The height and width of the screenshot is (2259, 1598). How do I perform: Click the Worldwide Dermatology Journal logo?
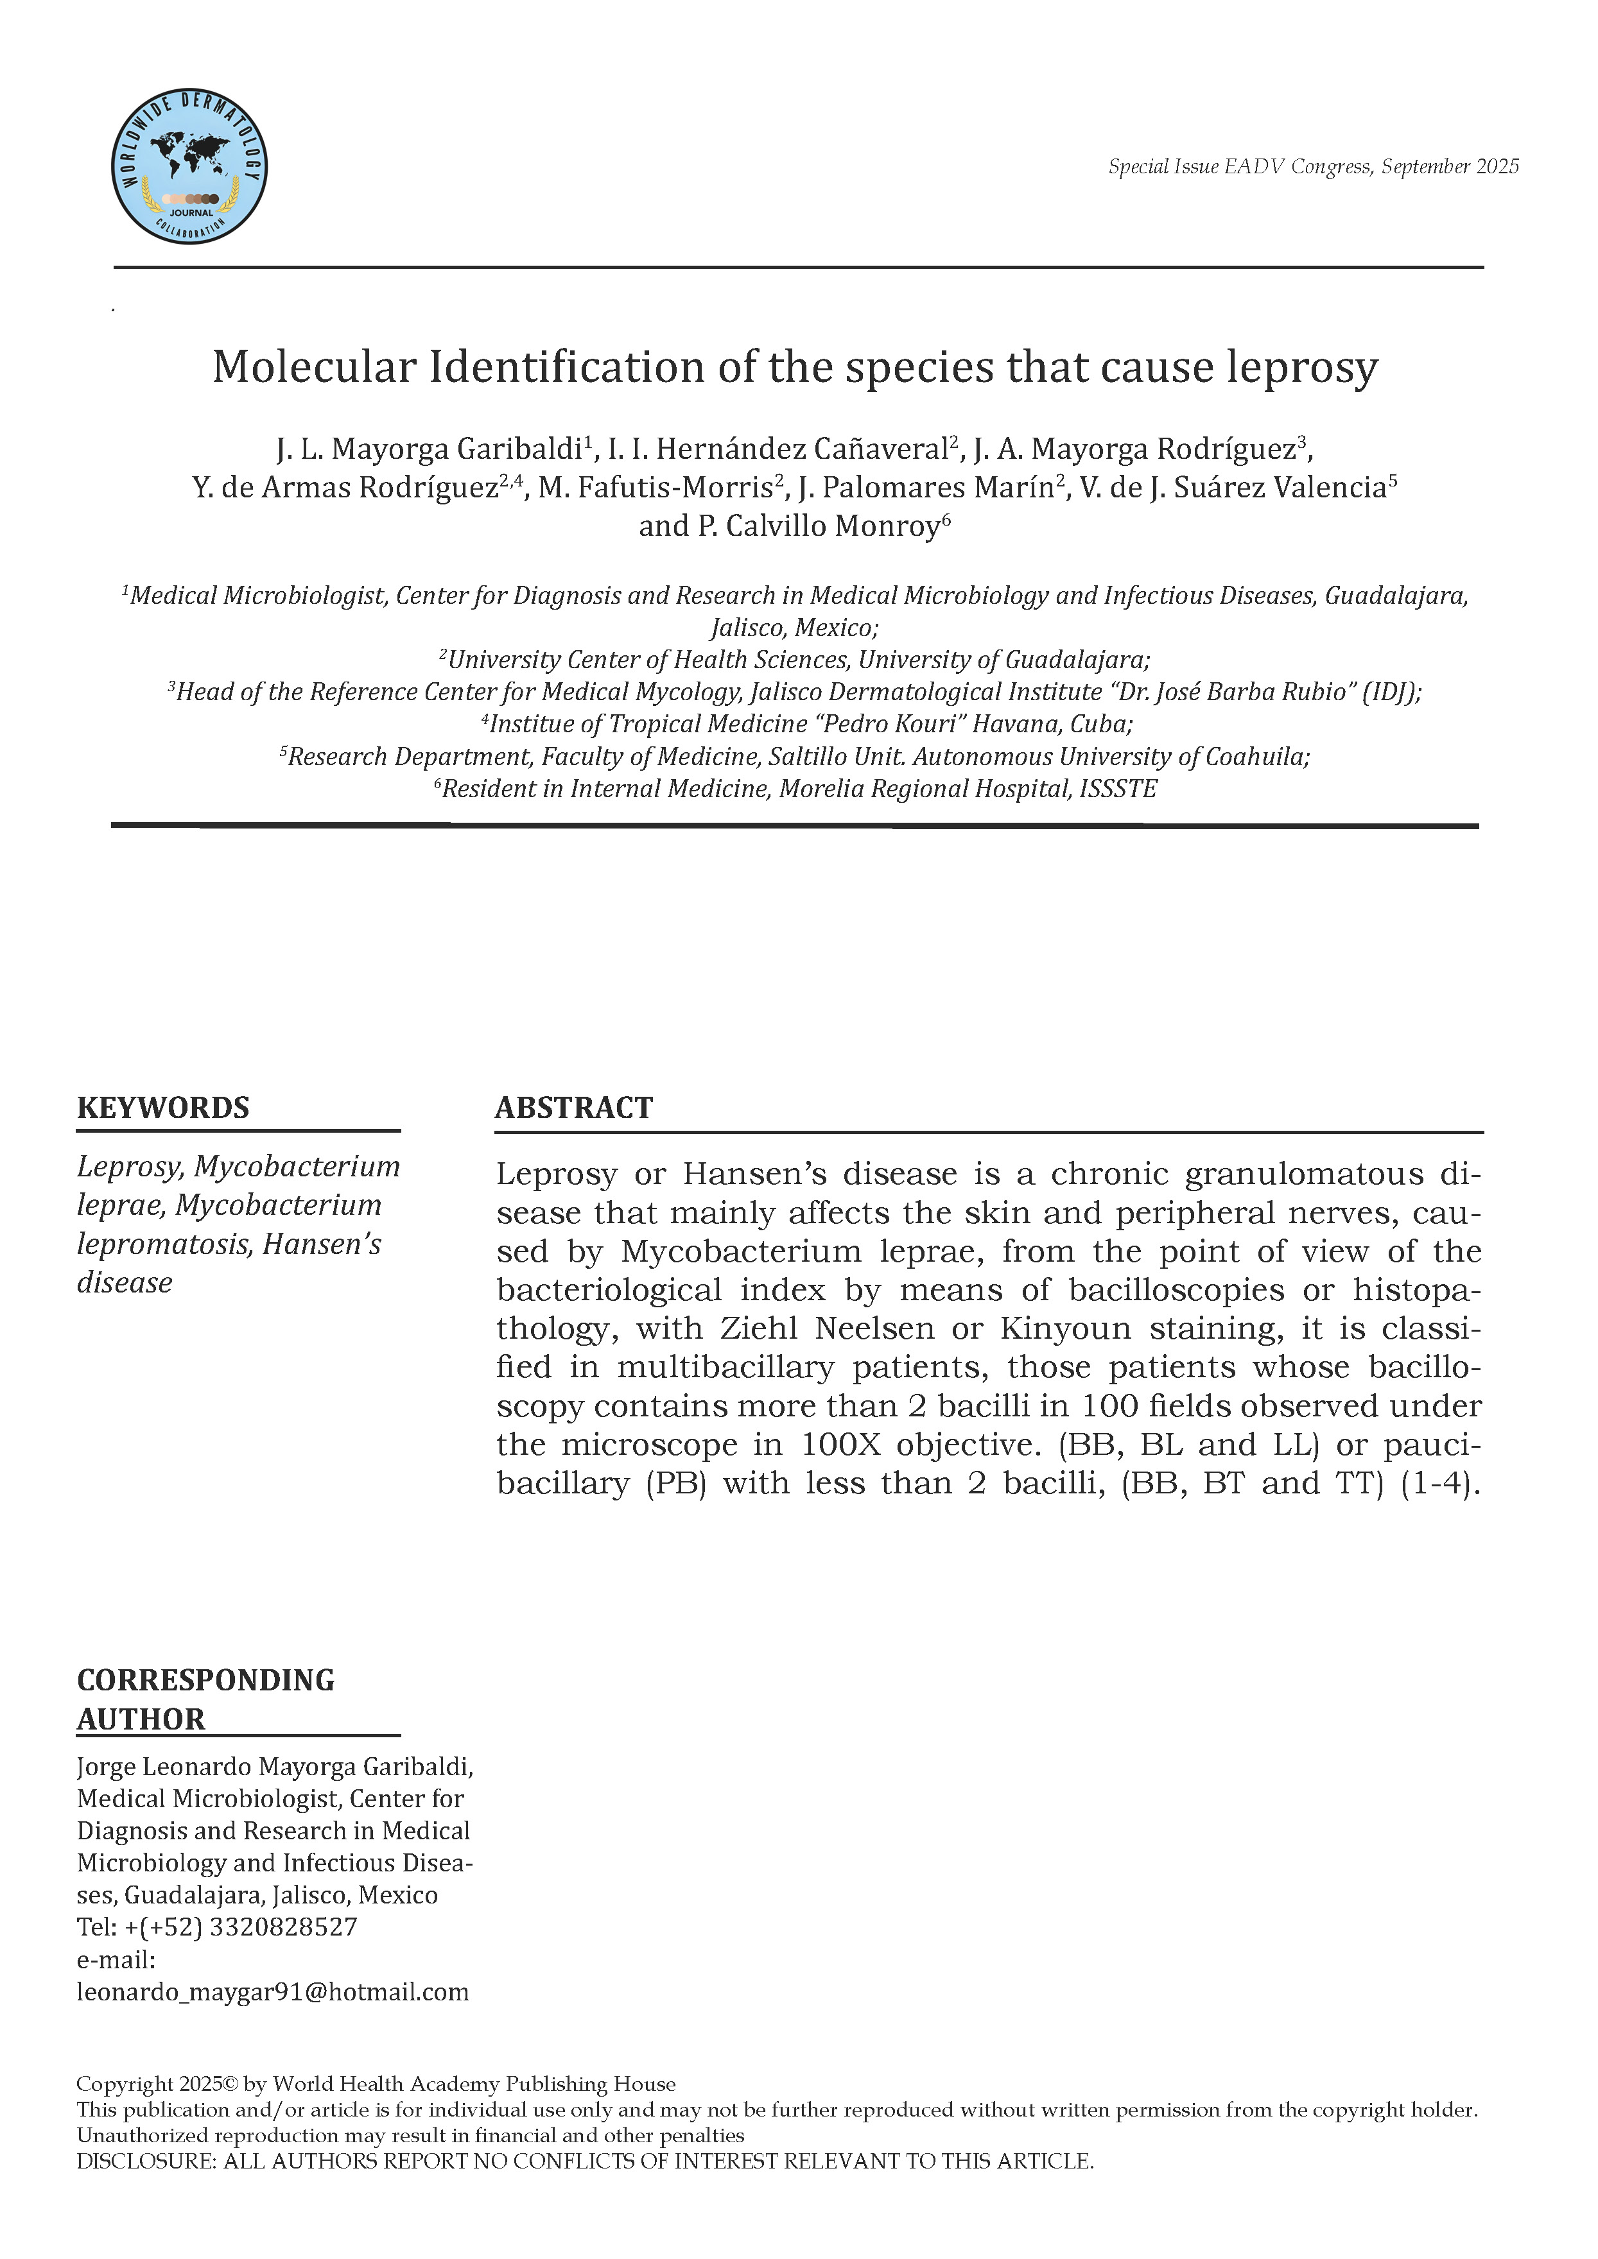point(189,166)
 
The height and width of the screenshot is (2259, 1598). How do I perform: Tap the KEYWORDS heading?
point(163,1108)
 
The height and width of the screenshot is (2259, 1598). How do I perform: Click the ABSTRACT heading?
point(574,1108)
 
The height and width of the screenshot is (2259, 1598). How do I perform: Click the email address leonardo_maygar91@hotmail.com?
point(273,1993)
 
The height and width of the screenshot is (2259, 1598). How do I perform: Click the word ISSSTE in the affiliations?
point(1118,789)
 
